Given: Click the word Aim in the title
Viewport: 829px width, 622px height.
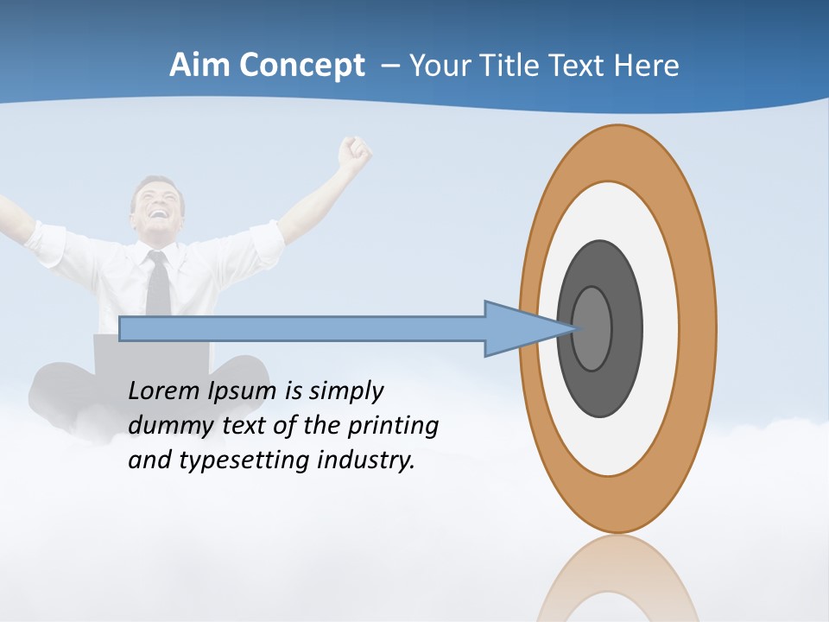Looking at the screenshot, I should (200, 66).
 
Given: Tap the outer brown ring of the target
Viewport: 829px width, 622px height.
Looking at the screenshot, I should (699, 328).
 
